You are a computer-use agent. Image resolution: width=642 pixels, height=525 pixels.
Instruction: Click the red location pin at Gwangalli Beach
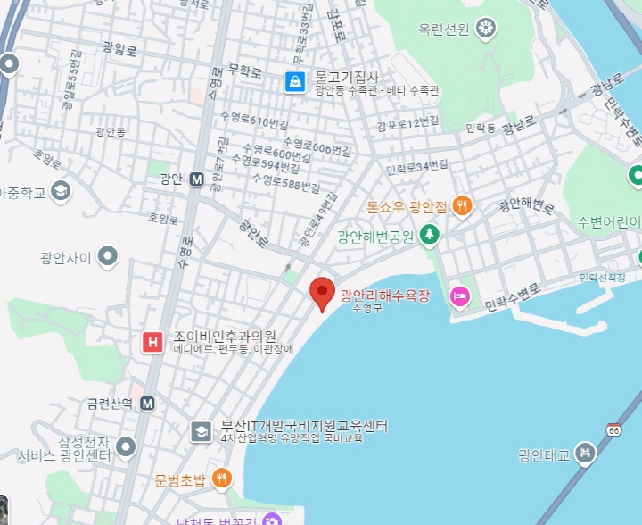[x=322, y=292]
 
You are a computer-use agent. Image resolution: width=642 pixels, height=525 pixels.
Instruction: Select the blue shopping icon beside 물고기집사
[x=294, y=82]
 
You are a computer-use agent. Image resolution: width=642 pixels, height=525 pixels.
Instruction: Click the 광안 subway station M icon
[x=197, y=179]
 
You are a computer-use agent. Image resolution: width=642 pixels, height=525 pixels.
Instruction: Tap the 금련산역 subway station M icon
[x=147, y=403]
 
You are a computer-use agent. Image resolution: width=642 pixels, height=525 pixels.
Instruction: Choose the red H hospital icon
[x=153, y=341]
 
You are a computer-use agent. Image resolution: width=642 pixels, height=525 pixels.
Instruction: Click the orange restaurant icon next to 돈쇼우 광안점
[x=461, y=206]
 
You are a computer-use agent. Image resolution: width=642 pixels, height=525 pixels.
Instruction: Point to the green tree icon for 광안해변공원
[x=431, y=235]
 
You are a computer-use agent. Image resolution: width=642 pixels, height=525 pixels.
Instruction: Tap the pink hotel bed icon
[x=460, y=296]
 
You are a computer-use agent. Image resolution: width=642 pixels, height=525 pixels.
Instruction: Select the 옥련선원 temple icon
[x=486, y=29]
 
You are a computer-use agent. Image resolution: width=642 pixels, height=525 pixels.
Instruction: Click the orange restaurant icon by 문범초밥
[x=221, y=479]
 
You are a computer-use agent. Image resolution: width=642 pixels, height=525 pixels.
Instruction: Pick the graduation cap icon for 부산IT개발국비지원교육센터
[x=201, y=432]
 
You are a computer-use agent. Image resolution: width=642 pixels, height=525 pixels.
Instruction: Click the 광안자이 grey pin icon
[x=109, y=258]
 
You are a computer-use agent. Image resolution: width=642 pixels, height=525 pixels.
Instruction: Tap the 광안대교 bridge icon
[x=585, y=453]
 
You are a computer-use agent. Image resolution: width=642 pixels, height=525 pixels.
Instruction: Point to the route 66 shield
[x=614, y=429]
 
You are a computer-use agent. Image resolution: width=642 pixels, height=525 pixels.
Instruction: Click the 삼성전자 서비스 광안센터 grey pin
[x=126, y=446]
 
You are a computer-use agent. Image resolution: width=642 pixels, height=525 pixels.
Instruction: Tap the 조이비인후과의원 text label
[x=224, y=337]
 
